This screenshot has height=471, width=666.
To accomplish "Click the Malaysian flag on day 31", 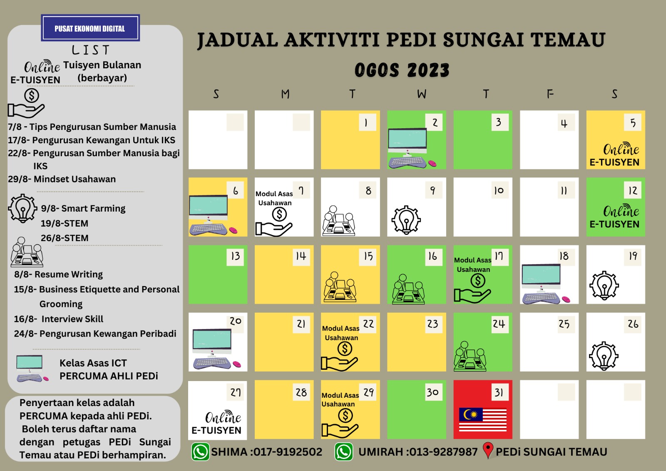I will click(x=483, y=419).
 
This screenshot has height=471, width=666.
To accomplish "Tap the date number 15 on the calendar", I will click(x=368, y=256).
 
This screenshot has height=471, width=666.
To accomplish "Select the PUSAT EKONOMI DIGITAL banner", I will click(x=90, y=28).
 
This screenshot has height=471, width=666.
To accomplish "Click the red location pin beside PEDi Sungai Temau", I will click(x=488, y=450).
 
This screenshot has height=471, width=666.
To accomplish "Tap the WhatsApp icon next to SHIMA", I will click(x=201, y=452).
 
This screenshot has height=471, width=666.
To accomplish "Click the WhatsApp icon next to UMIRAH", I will click(x=344, y=452).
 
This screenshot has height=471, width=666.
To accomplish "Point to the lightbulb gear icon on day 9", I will click(x=406, y=220).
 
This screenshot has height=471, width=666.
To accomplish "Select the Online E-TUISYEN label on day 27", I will click(x=217, y=423).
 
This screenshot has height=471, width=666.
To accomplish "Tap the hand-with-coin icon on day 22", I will click(x=339, y=357).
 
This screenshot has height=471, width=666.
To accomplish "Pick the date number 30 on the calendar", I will click(x=432, y=392).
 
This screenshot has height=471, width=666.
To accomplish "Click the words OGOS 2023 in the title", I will click(x=402, y=70).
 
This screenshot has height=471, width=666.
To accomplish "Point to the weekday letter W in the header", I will click(x=422, y=94).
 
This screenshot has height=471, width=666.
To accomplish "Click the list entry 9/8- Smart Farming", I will click(x=83, y=208).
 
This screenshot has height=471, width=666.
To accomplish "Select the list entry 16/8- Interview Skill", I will click(x=58, y=319).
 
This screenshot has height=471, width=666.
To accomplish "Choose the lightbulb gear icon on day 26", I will click(x=604, y=356).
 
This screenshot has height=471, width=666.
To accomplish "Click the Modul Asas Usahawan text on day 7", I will click(x=274, y=198).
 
